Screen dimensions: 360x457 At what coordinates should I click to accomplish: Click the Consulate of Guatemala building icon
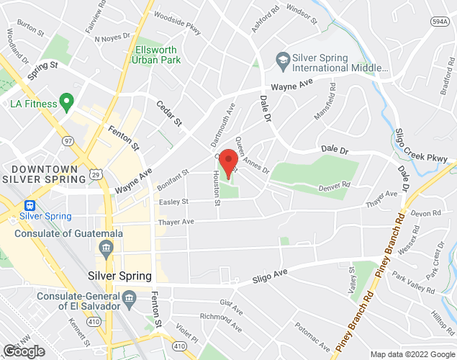coord(107,249)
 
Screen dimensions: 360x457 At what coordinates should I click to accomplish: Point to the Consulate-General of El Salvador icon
coord(130,297)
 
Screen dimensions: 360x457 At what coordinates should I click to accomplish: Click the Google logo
coord(23,351)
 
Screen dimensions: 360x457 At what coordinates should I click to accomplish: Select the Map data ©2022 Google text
coord(412,354)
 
